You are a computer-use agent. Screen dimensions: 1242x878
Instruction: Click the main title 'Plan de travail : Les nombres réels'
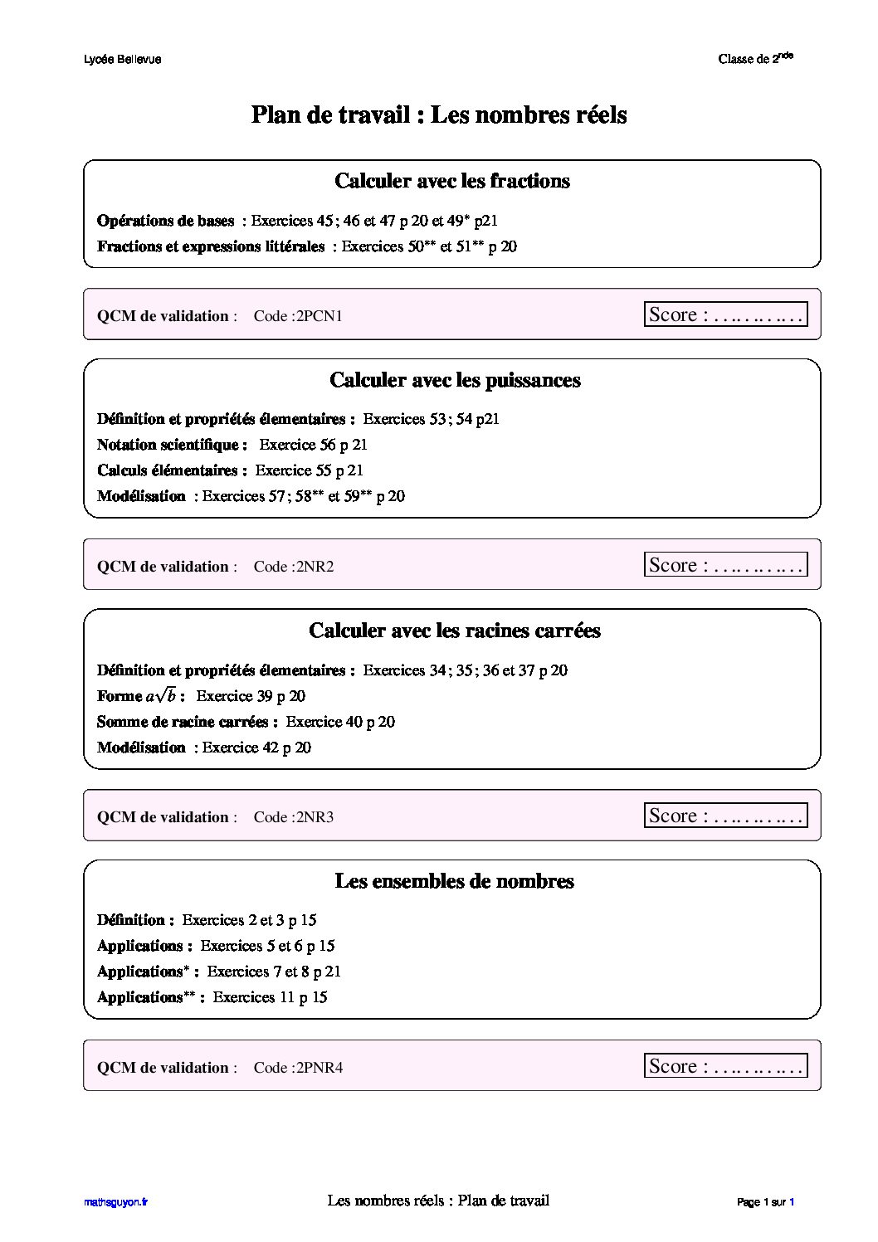click(x=438, y=114)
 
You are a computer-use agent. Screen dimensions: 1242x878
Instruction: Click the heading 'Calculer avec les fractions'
click(x=451, y=181)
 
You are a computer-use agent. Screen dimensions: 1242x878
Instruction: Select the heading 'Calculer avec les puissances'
click(x=455, y=380)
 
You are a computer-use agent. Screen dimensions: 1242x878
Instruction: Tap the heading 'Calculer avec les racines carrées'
click(x=454, y=631)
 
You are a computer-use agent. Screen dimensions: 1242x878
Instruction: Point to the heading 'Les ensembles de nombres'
click(x=454, y=881)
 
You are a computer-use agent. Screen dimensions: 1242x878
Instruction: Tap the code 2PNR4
click(x=319, y=1068)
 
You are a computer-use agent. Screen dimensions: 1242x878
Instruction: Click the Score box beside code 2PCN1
click(x=725, y=314)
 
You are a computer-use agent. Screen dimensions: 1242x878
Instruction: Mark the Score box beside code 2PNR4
click(x=725, y=1066)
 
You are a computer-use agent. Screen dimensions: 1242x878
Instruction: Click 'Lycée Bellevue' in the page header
click(x=123, y=60)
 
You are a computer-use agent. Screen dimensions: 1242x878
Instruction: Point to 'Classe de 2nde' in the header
click(x=755, y=59)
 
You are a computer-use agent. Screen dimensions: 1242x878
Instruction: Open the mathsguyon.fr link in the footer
click(x=115, y=1202)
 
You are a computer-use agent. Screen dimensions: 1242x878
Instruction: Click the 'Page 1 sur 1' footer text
click(x=765, y=1202)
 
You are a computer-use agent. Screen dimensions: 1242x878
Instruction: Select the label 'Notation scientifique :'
click(x=172, y=445)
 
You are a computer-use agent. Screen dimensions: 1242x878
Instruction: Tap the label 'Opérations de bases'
click(x=165, y=221)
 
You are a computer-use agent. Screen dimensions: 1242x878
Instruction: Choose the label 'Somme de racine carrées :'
click(x=188, y=722)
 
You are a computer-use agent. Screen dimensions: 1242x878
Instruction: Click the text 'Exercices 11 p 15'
click(x=270, y=997)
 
